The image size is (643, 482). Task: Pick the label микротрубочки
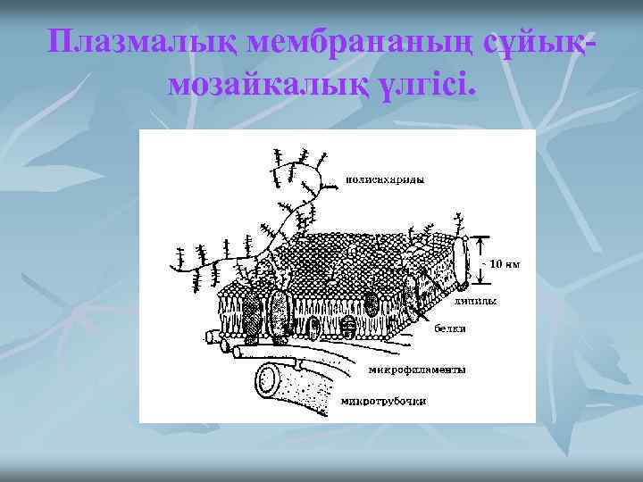click(x=385, y=401)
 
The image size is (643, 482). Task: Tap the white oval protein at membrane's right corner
click(x=461, y=262)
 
